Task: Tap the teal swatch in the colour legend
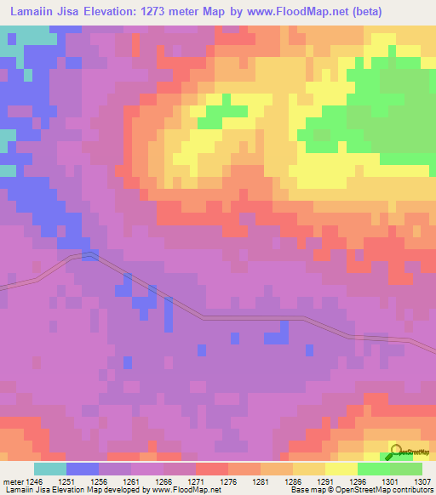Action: (50, 469)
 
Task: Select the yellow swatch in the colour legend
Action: (341, 469)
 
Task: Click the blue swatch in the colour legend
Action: (83, 469)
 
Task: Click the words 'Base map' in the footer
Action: (305, 490)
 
